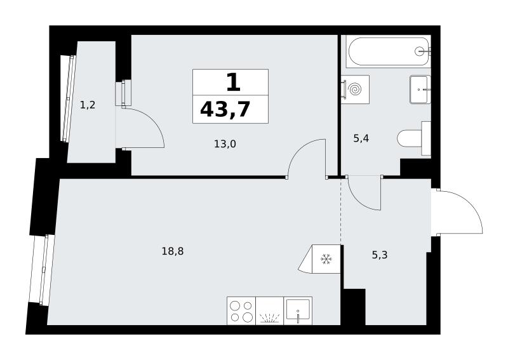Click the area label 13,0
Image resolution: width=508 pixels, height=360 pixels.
225,144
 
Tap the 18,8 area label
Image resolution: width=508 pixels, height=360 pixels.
173,251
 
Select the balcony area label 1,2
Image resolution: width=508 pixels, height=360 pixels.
88,105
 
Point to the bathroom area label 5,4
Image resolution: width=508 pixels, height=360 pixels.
361,139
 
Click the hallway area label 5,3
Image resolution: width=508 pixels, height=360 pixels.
379,255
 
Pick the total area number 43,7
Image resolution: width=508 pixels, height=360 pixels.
225,109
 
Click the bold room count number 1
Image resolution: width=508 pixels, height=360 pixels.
233,83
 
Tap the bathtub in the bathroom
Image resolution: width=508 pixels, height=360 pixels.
388,51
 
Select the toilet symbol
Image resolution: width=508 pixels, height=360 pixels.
414,138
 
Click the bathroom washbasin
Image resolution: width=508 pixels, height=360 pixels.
420,90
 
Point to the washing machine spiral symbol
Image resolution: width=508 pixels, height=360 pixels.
356,89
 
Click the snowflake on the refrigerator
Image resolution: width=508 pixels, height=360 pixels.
326,259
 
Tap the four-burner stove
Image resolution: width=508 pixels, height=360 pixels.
241,310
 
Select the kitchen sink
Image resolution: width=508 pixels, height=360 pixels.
298,310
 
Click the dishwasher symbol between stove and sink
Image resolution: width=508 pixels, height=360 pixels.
269,310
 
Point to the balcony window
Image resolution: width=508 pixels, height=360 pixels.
69,98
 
